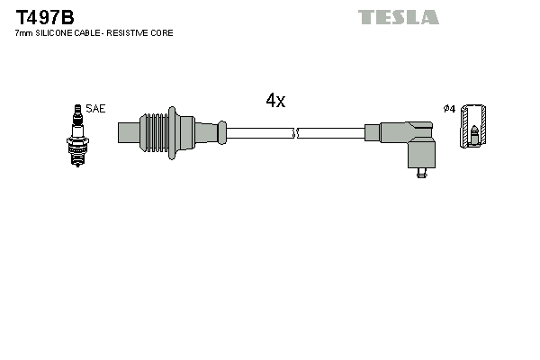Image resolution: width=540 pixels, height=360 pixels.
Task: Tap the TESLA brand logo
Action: click(398, 17)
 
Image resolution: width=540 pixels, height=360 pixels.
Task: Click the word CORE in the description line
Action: click(163, 33)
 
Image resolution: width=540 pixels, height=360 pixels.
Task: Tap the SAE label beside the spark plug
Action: click(96, 109)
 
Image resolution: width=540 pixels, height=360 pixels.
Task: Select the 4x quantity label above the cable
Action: click(274, 102)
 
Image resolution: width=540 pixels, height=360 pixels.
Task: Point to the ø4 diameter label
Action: click(449, 109)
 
